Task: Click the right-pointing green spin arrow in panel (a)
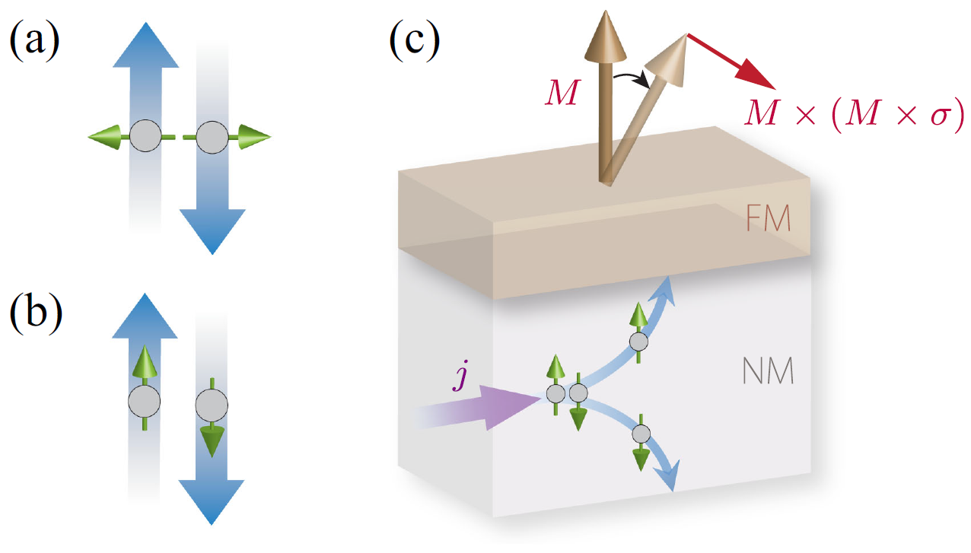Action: [x=254, y=138]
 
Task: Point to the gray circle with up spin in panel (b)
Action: [x=144, y=400]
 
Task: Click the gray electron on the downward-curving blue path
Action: [x=641, y=434]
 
